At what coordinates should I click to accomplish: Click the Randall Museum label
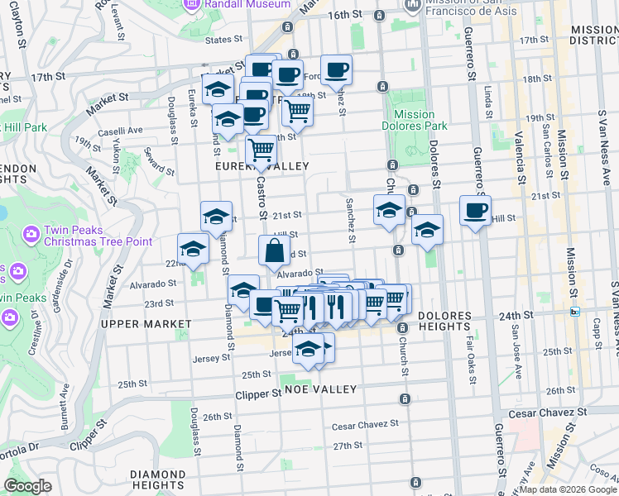247,4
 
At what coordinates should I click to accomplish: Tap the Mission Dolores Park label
415,121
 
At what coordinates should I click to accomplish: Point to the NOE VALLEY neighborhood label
320,389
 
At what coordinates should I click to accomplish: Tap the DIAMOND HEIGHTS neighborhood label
157,479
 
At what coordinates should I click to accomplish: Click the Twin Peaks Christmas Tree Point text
87,236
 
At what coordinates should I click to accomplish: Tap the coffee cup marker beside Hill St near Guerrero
475,211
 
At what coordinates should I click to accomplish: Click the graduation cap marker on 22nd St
193,249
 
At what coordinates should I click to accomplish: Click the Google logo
28,486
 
